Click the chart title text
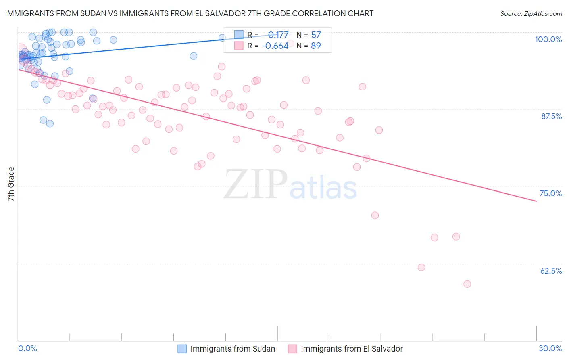[189, 13]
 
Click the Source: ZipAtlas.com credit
[531, 13]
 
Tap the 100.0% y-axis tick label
[548, 39]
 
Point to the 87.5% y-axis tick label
[551, 116]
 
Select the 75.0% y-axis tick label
[550, 193]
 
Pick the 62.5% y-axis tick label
[551, 271]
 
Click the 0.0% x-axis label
[27, 348]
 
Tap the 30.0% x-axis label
[550, 348]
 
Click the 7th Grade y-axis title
[11, 184]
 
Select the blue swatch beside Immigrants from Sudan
[182, 349]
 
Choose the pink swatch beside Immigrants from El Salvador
[292, 349]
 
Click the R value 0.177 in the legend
[278, 35]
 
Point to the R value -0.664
[275, 46]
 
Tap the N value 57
[316, 35]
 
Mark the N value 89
[316, 46]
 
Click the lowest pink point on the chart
[467, 284]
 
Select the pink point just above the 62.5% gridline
[421, 267]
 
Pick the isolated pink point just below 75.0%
[375, 216]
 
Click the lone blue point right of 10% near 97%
[194, 56]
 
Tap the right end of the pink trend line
[536, 201]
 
